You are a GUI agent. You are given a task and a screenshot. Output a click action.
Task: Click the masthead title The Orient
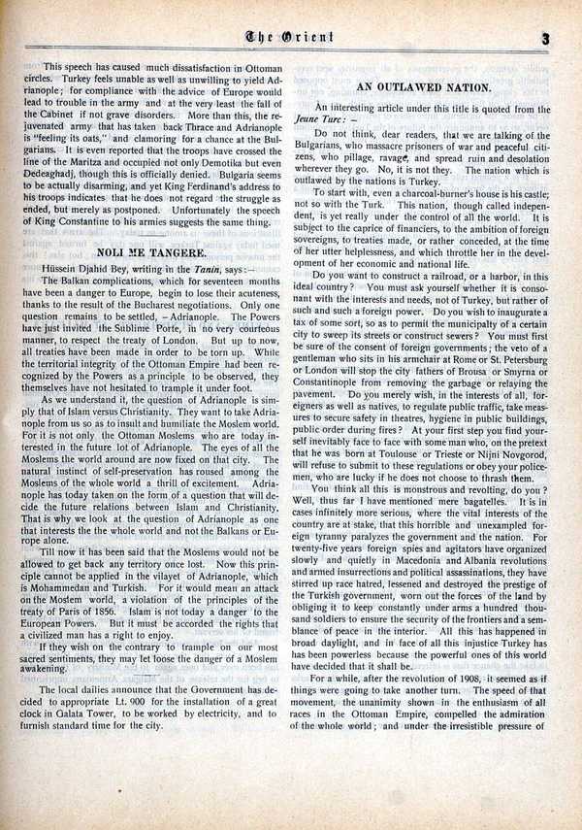pos(290,39)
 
